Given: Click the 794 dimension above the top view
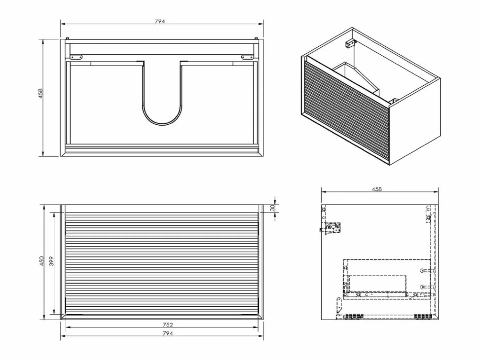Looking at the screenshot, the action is [160, 21].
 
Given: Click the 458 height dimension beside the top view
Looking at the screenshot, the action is [40, 93].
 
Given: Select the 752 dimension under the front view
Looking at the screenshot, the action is [168, 325].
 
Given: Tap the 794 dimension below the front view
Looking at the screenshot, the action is [168, 333].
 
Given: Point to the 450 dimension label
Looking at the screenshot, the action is [42, 261].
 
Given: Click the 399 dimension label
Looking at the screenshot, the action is [52, 261].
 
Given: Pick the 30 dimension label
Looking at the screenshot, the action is [272, 208].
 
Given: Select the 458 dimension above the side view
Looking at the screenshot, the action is [377, 189].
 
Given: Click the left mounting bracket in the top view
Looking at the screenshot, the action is [76, 57].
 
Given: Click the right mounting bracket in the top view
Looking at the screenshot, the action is [247, 57].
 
